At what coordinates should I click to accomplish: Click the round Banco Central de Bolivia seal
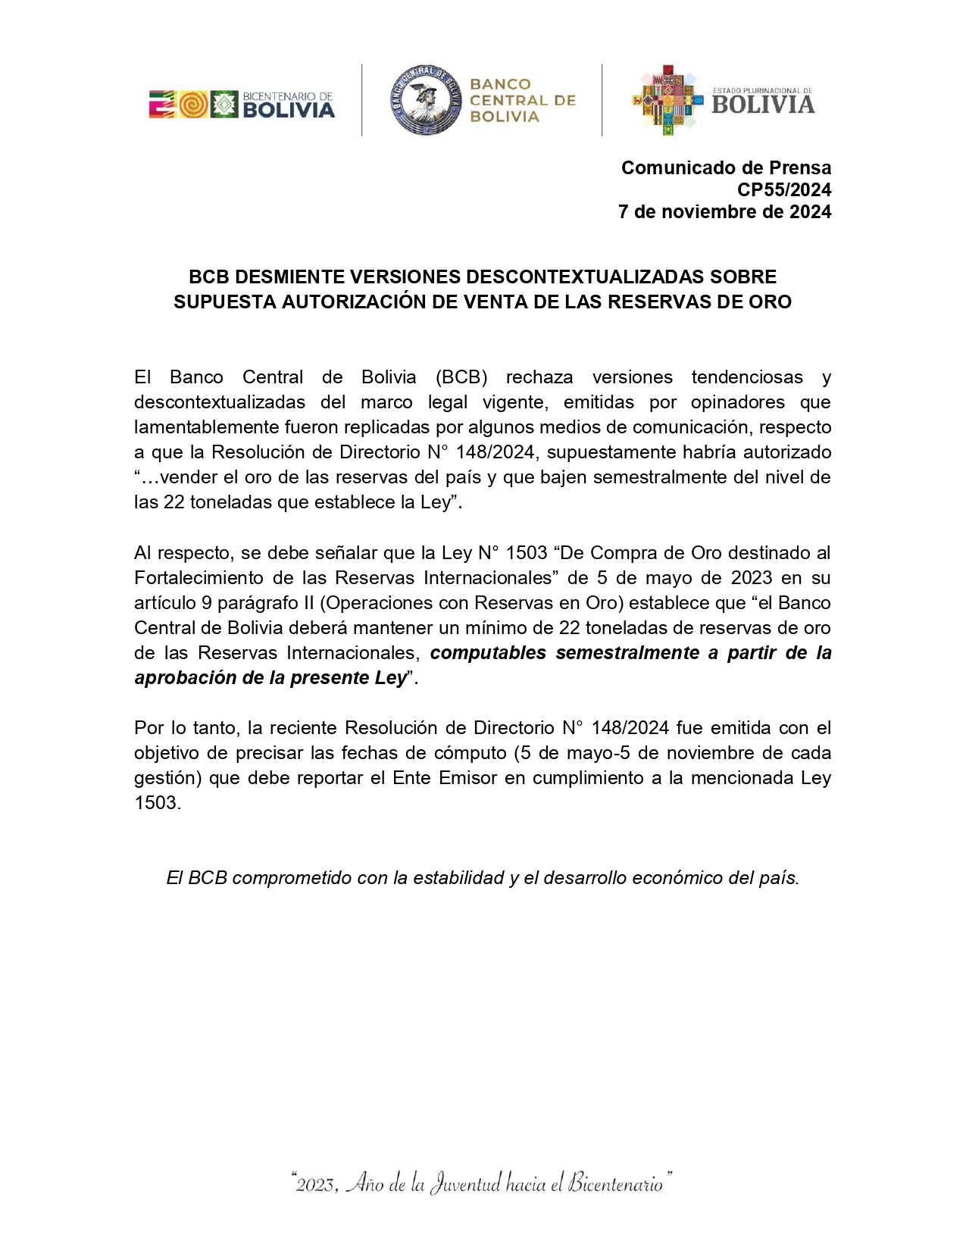(426, 100)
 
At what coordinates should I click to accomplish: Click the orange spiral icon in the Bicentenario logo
(193, 104)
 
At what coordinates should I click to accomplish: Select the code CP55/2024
(784, 189)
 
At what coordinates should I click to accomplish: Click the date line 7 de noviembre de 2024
(724, 211)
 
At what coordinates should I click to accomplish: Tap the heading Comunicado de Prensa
(726, 167)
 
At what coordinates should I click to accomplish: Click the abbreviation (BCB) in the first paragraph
(461, 377)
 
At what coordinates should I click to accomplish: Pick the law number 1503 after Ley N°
(526, 553)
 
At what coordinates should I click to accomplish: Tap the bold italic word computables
(488, 653)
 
